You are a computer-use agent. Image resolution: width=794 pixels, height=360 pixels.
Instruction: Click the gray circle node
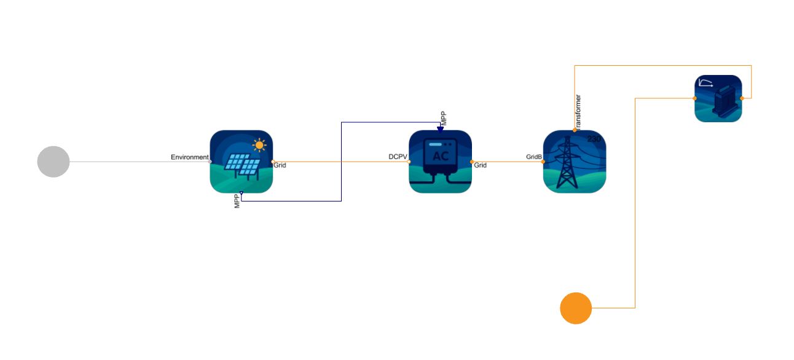point(53,162)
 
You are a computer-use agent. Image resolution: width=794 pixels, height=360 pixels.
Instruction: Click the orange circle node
point(576,308)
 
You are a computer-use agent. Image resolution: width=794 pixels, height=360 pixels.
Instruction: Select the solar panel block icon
point(242,162)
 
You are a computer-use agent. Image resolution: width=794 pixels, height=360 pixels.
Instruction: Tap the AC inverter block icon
point(440,162)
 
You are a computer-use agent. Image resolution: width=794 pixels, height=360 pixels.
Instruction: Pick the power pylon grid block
point(575,162)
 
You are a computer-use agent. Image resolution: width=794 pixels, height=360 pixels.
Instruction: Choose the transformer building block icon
point(718,98)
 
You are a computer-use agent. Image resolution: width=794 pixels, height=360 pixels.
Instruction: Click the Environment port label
point(190,157)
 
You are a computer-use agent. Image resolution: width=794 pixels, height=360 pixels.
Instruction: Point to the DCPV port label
point(398,157)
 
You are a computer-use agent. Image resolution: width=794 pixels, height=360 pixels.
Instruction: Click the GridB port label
point(534,157)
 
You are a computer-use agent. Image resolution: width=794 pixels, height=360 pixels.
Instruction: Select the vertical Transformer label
point(578,112)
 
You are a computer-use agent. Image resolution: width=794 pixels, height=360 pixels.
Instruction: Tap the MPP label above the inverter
point(443,119)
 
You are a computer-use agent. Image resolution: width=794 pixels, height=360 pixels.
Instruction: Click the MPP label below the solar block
point(237,201)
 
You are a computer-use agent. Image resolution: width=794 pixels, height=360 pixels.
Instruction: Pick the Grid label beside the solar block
point(280,165)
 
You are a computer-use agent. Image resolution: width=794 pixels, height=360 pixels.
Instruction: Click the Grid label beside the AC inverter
point(481,165)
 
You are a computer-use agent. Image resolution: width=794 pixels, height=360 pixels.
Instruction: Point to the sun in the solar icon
point(259,145)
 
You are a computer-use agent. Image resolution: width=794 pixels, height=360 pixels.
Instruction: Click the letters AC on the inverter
point(441,156)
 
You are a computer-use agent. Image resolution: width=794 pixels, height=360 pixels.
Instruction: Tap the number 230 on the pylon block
point(594,139)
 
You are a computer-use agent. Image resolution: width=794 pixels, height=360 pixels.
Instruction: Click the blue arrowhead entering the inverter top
point(440,129)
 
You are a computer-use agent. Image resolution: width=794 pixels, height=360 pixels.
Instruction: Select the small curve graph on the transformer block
point(706,83)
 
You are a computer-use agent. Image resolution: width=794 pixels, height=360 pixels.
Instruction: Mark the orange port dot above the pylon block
point(575,130)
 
